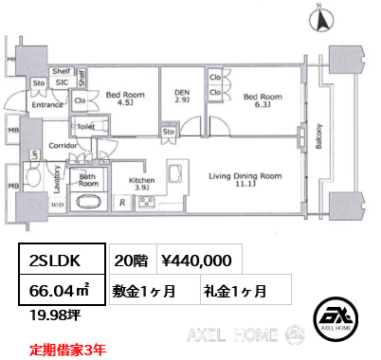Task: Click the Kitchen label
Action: tap(142, 182)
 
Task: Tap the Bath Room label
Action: tap(89, 180)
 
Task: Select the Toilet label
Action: tap(84, 125)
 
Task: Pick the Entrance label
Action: tap(46, 107)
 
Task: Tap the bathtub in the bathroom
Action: tap(90, 203)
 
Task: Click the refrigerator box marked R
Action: tap(123, 203)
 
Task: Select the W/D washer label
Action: tap(57, 204)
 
